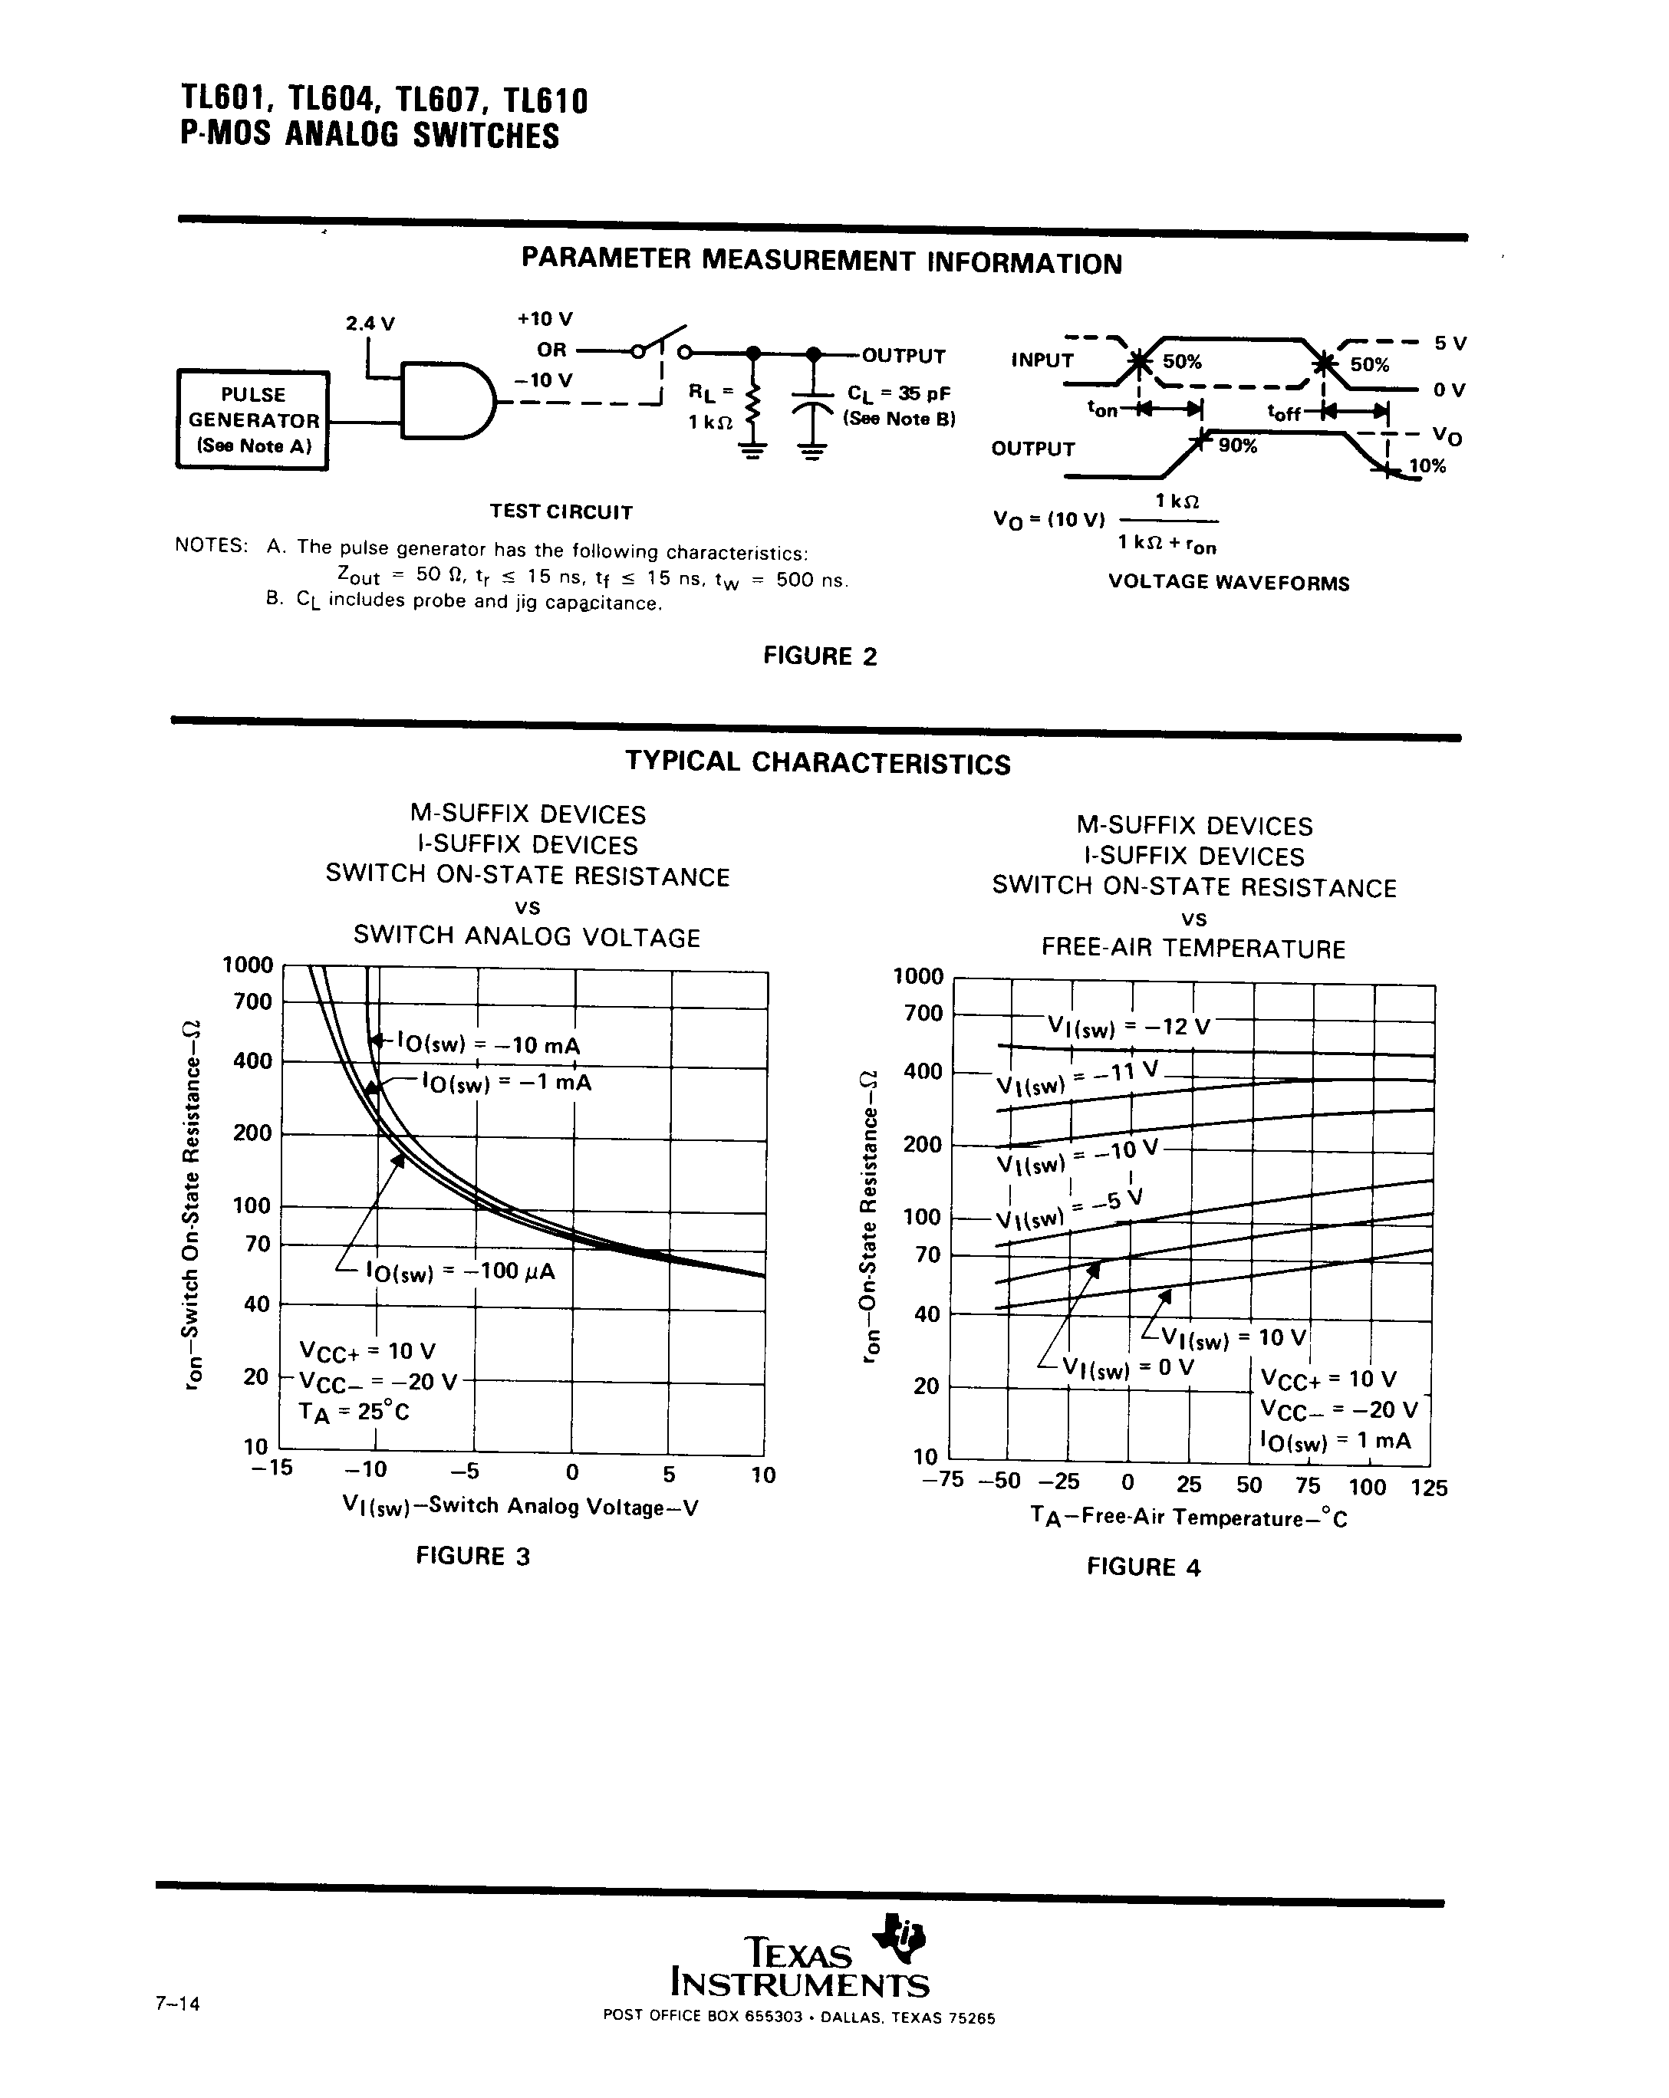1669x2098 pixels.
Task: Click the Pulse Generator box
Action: tap(252, 420)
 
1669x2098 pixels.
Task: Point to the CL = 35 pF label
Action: tap(898, 394)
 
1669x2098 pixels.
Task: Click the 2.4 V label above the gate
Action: tap(370, 323)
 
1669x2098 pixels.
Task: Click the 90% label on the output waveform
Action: tap(1238, 446)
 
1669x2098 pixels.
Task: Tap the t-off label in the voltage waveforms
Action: tap(1284, 413)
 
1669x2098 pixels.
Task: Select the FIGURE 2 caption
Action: tap(819, 656)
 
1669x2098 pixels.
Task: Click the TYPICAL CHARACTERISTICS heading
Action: tap(818, 763)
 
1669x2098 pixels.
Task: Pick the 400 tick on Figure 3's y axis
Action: tap(252, 1061)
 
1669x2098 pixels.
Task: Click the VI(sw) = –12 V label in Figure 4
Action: tap(1128, 1027)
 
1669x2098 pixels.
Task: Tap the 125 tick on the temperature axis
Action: tap(1427, 1487)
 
